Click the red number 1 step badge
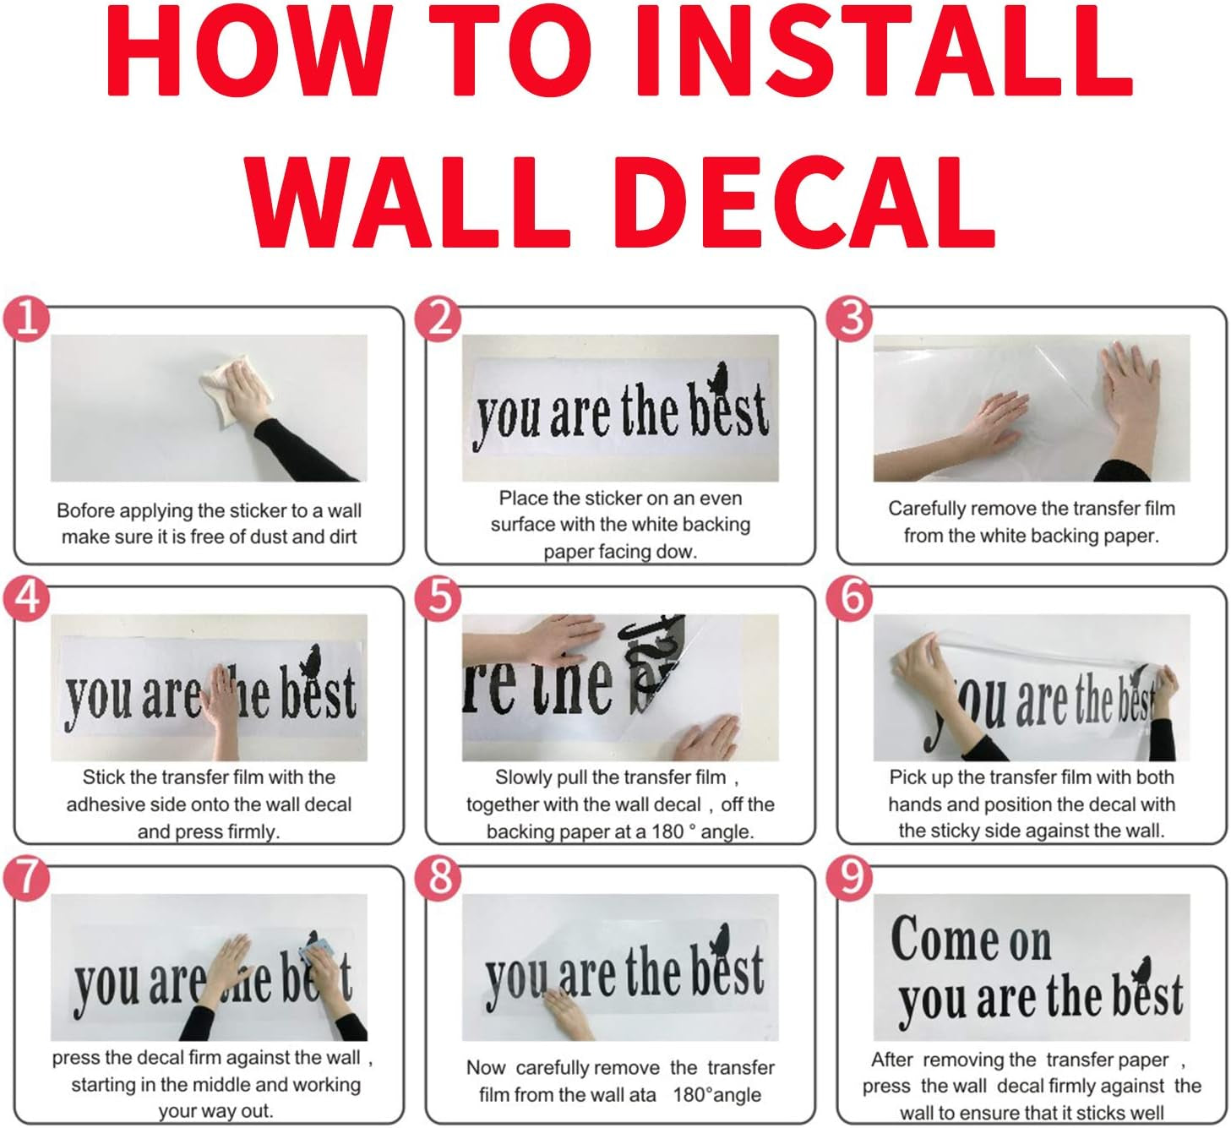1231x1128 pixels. pos(26,319)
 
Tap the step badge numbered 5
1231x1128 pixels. pos(438,599)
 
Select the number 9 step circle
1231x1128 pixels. pos(849,878)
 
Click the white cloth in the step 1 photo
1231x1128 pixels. pos(233,389)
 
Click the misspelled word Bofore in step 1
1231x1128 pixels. pos(84,510)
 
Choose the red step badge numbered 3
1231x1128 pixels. pos(849,319)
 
